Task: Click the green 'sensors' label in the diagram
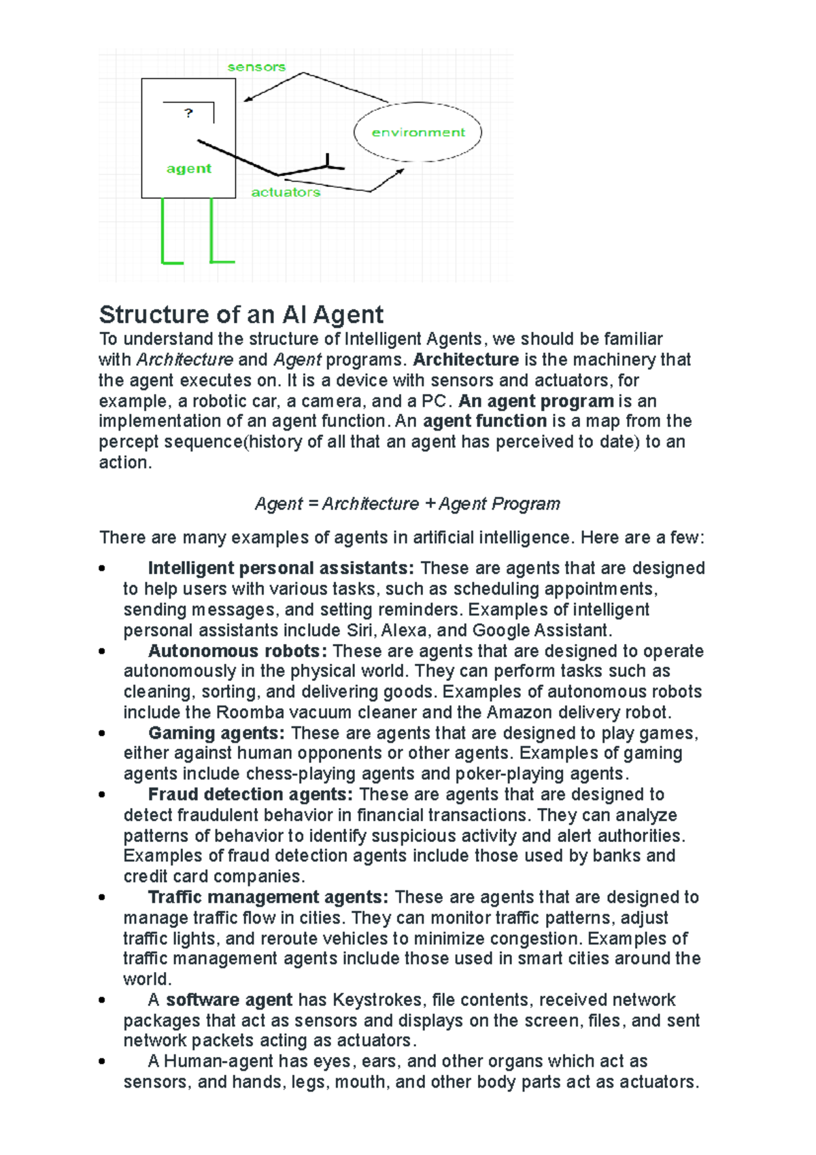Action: [256, 67]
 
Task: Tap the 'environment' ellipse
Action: [418, 133]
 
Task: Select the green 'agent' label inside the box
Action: [189, 169]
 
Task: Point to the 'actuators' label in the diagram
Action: [286, 192]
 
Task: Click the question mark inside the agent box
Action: [188, 113]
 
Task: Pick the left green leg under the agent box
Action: [164, 231]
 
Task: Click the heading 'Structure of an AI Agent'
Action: [241, 314]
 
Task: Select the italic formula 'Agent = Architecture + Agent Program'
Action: [407, 503]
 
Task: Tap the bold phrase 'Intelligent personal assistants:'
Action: [281, 568]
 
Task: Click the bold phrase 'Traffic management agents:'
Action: [269, 897]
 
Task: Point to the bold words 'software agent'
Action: [229, 1000]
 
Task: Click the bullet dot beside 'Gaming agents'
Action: [102, 733]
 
